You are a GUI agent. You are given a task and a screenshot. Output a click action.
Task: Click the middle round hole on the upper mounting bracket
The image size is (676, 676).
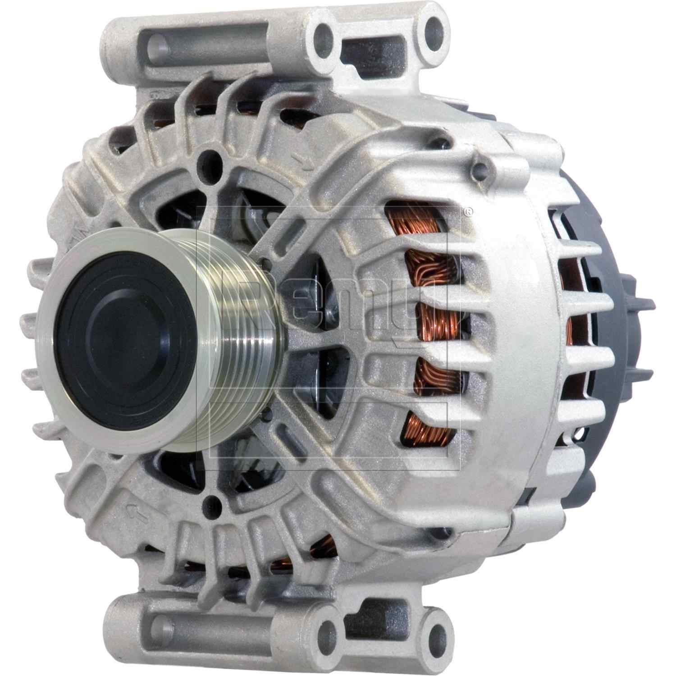pyautogui.click(x=324, y=34)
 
